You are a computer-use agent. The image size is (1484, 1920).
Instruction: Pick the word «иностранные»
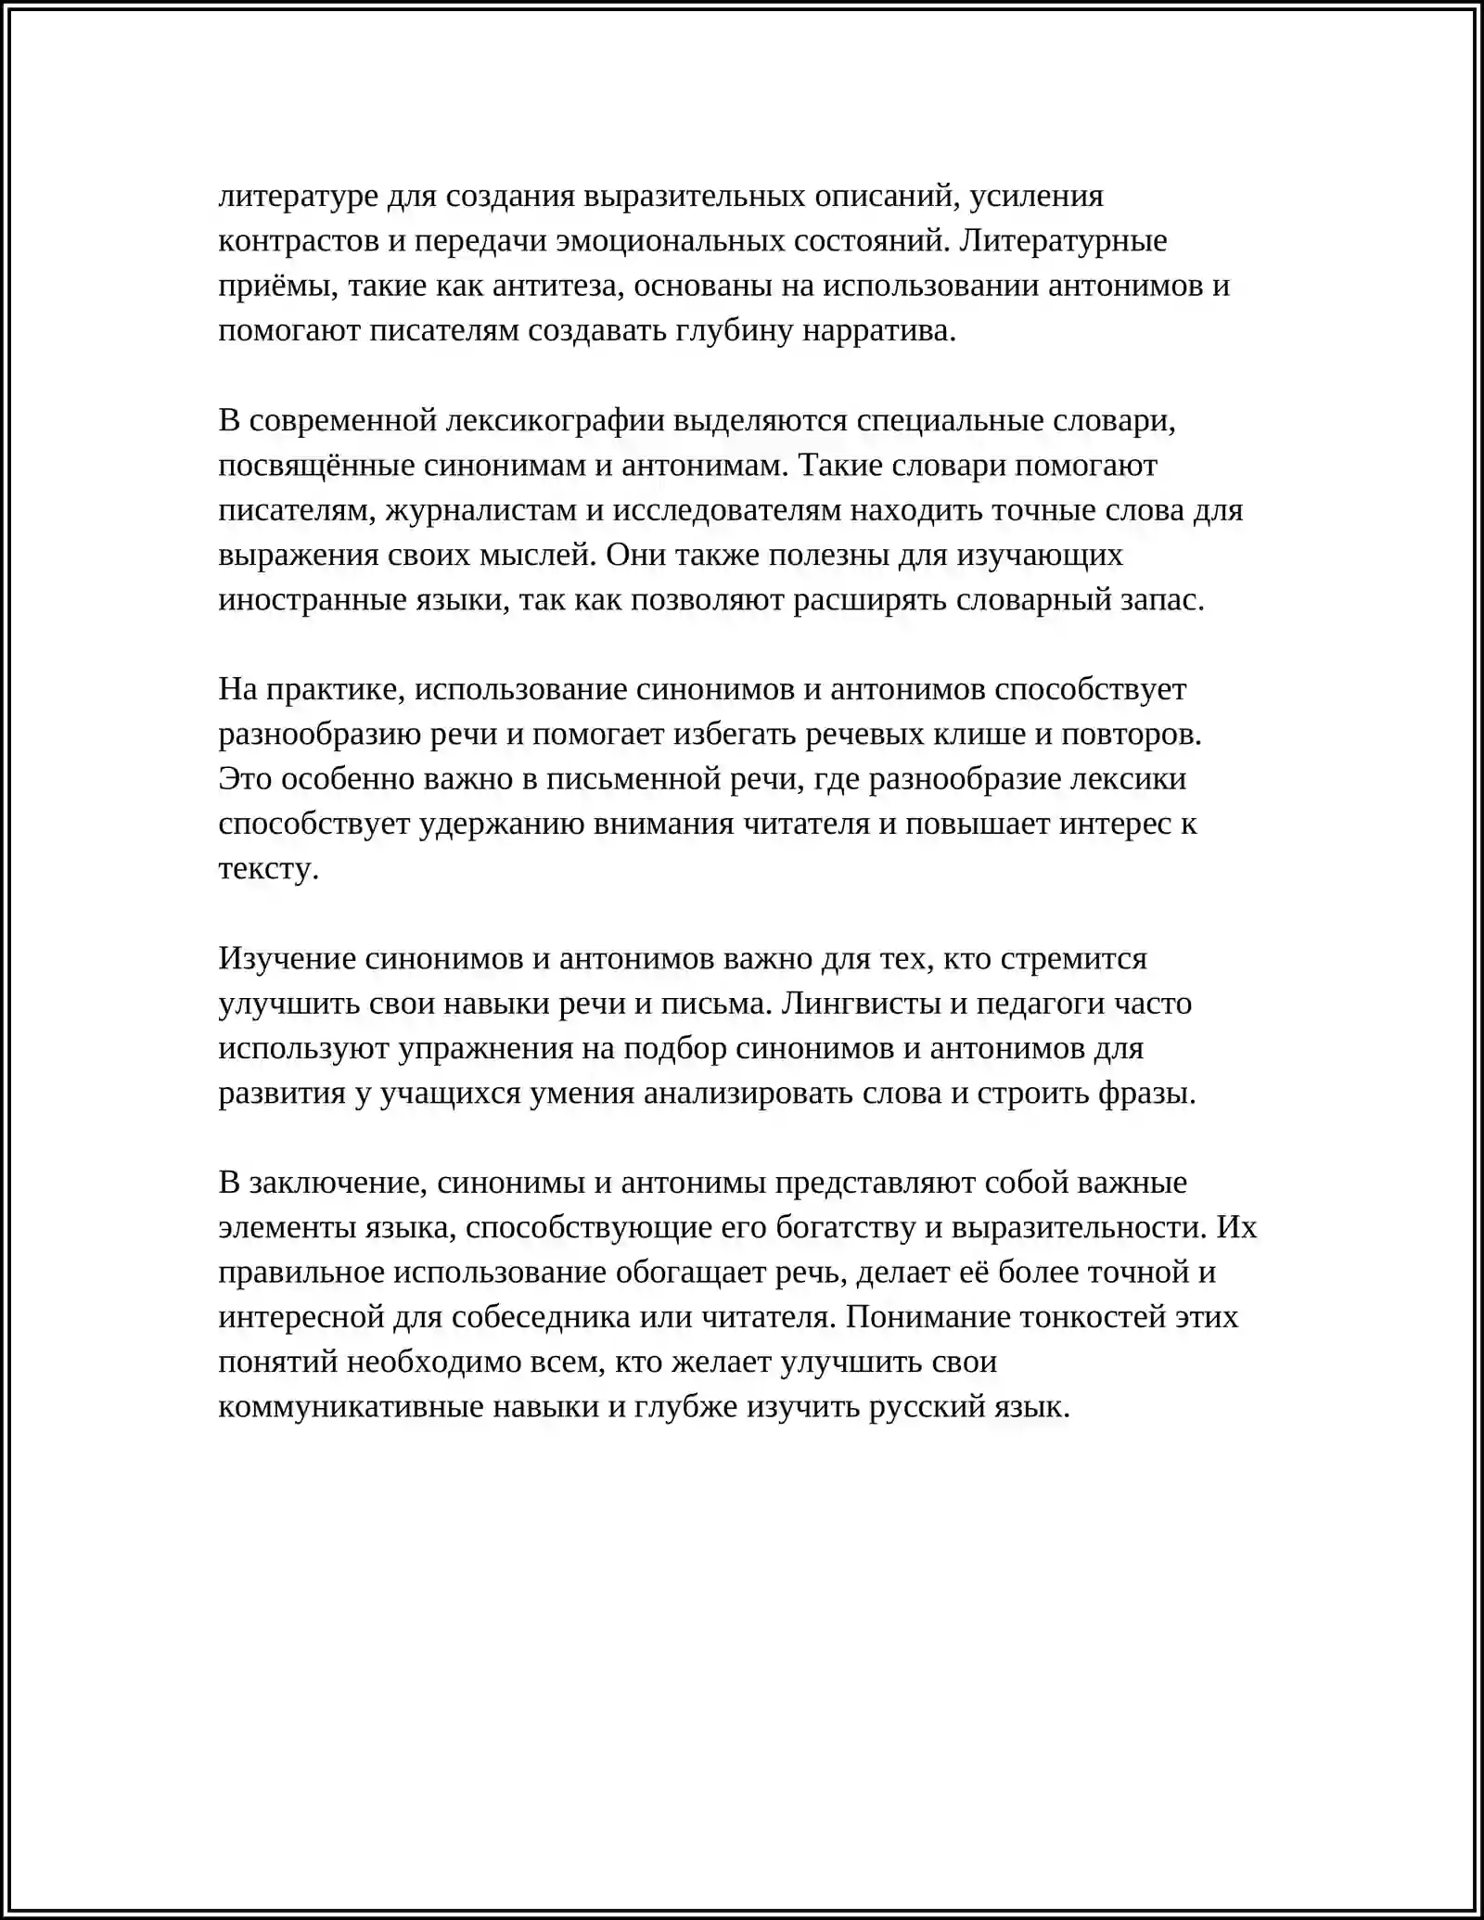pos(301,600)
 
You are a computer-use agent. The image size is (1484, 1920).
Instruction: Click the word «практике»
pos(333,689)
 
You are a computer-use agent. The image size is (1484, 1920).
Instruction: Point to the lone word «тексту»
pos(268,869)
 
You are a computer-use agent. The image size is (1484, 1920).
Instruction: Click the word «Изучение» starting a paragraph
pos(288,958)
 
